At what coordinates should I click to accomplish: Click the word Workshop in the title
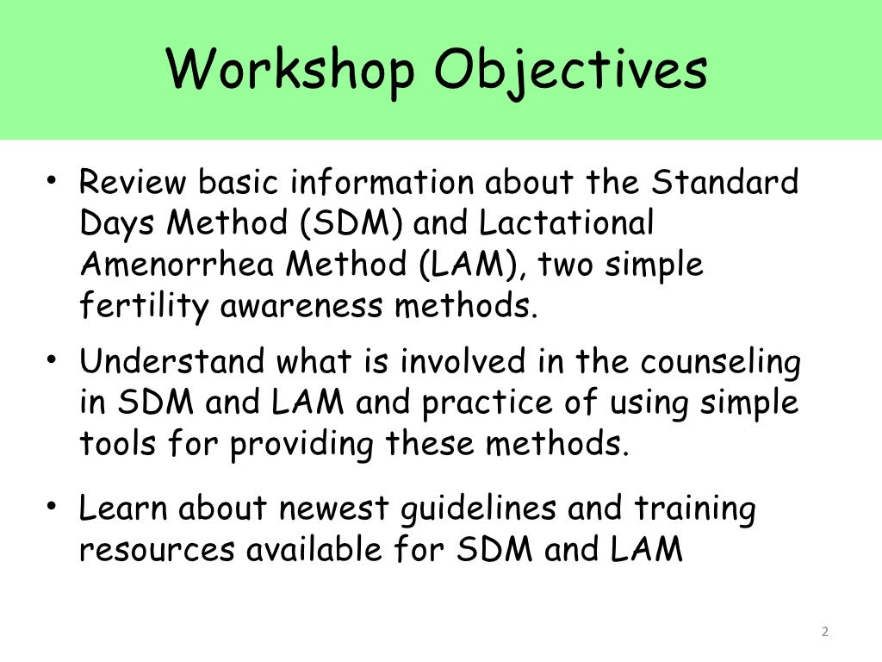[290, 71]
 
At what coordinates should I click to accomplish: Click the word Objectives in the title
[570, 71]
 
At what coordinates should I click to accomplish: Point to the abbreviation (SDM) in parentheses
[353, 224]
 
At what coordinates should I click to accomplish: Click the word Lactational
[566, 224]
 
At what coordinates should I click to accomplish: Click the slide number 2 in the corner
[824, 632]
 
